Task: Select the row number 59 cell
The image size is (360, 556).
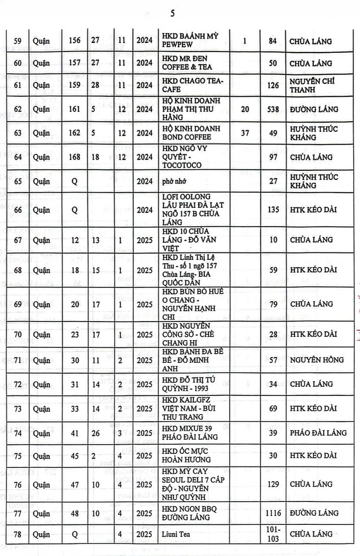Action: (18, 41)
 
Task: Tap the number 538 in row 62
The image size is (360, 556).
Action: (273, 109)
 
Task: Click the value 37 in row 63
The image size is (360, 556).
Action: (245, 133)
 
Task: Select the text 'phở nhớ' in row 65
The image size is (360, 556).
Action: (175, 181)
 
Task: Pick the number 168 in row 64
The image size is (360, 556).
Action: (74, 157)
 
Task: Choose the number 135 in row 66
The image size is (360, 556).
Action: (273, 210)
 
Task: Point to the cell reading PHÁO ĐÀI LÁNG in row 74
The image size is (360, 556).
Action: (318, 432)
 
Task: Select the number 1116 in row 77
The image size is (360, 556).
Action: (273, 513)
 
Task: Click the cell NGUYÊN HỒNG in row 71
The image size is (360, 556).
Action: (316, 359)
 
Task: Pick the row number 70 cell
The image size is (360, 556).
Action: (18, 334)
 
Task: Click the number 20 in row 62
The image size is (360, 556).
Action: (245, 109)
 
